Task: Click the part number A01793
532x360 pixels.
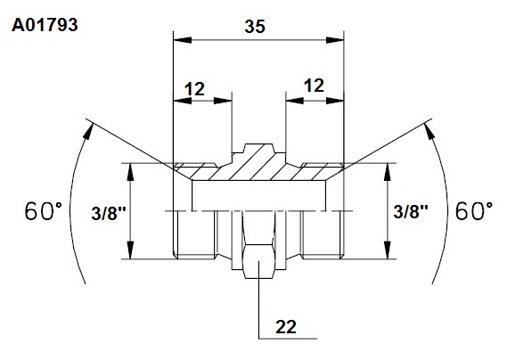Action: click(45, 25)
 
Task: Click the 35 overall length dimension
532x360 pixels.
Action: click(255, 27)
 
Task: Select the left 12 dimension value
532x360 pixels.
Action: click(194, 89)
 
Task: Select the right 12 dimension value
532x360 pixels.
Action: click(314, 86)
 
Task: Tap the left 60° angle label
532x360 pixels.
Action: click(44, 211)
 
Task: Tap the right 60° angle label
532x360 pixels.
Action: click(474, 211)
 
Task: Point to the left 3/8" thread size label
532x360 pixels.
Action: click(109, 214)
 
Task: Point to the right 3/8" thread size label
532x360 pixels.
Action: click(411, 212)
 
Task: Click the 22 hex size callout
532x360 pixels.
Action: click(286, 327)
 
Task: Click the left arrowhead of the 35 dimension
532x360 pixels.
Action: click(182, 40)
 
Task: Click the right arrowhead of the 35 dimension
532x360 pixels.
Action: click(335, 40)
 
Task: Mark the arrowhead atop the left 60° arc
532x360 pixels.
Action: click(87, 131)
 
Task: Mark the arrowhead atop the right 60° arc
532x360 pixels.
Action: click(430, 131)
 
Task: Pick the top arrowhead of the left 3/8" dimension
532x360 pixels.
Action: click(130, 172)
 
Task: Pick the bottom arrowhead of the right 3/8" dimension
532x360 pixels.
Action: click(389, 250)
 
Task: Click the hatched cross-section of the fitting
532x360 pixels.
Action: click(258, 167)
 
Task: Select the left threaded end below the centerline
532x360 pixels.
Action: click(194, 234)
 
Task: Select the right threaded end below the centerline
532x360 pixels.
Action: click(323, 234)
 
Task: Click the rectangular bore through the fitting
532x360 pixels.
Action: click(259, 196)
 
